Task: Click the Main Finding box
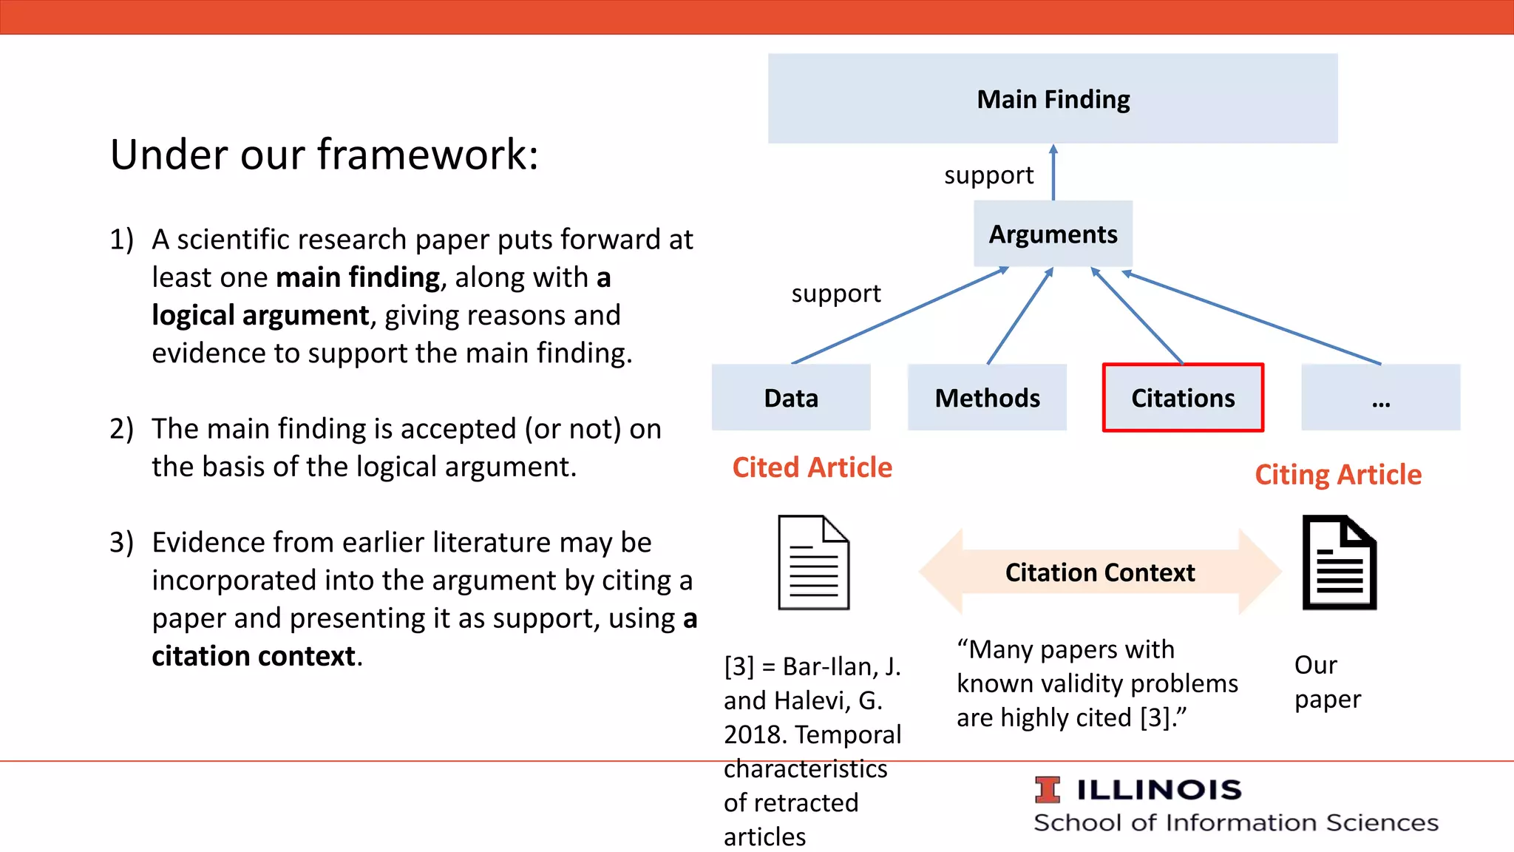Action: pyautogui.click(x=1053, y=99)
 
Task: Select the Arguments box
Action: pyautogui.click(x=1053, y=234)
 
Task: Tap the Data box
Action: pyautogui.click(x=791, y=398)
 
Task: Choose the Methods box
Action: pyautogui.click(x=987, y=398)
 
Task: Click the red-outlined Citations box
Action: pyautogui.click(x=1183, y=398)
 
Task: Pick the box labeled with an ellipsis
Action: pyautogui.click(x=1380, y=398)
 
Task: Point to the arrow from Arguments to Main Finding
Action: pyautogui.click(x=1053, y=174)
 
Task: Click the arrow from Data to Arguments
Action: pyautogui.click(x=898, y=316)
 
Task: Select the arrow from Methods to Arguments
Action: pyautogui.click(x=1020, y=316)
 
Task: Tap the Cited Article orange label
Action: pyautogui.click(x=812, y=467)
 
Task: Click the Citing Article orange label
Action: pyautogui.click(x=1338, y=475)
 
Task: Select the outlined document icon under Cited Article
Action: pyautogui.click(x=813, y=562)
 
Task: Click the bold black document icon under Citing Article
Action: pyautogui.click(x=1339, y=562)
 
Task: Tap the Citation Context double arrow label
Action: pyautogui.click(x=1099, y=572)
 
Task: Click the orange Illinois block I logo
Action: pyautogui.click(x=1047, y=790)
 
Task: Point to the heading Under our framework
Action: pyautogui.click(x=325, y=155)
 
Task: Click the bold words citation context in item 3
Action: pyautogui.click(x=254, y=657)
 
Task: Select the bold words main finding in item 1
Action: pyautogui.click(x=358, y=278)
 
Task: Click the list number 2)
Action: pyautogui.click(x=122, y=429)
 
